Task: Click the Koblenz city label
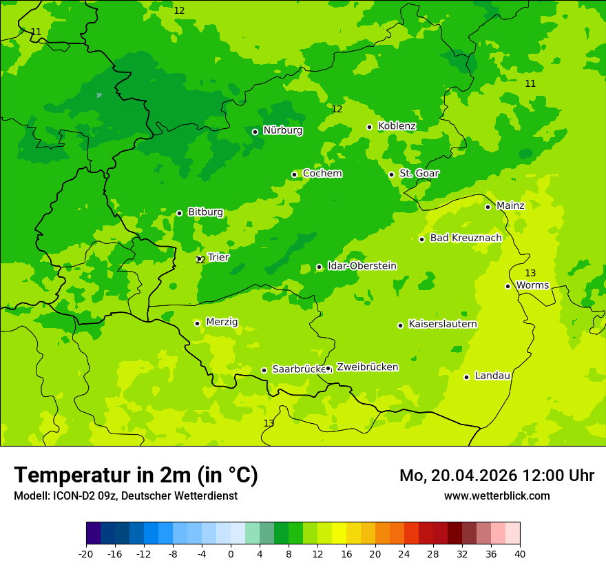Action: coord(397,126)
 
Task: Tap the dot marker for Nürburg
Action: coord(255,132)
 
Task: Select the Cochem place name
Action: coord(322,174)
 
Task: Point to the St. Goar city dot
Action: coord(391,174)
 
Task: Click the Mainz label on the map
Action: coord(510,205)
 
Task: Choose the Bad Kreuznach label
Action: coord(466,238)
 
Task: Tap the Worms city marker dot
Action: coord(508,286)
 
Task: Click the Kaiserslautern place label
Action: coord(442,324)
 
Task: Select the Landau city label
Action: coord(492,376)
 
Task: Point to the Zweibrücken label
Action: coord(367,367)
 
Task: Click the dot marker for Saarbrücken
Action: coord(264,370)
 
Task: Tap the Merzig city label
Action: coord(222,322)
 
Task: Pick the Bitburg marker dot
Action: coord(179,213)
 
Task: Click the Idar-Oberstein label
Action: coord(362,266)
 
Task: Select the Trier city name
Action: coord(218,257)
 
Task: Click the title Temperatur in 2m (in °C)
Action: coord(136,476)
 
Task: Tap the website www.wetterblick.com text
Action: coord(497,496)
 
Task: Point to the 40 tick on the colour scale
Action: coord(520,554)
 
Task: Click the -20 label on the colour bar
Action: coord(86,554)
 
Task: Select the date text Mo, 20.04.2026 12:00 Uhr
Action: coord(497,476)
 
